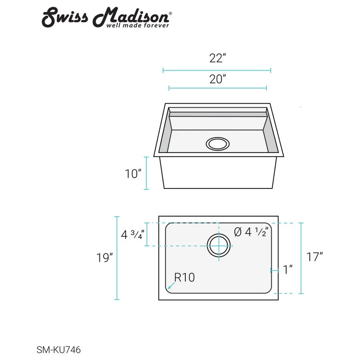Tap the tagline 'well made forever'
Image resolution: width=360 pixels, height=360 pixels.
[137, 26]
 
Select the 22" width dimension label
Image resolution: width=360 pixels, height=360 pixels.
[217, 58]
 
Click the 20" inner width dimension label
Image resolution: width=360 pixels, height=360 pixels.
[217, 79]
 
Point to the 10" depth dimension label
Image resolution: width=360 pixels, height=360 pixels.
[134, 174]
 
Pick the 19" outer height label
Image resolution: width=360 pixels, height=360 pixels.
[104, 258]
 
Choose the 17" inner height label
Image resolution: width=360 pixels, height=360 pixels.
[315, 257]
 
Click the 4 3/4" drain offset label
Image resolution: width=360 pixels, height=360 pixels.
[132, 235]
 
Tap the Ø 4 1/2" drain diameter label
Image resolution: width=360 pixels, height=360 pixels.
[252, 232]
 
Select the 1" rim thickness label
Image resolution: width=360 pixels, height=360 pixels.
[288, 270]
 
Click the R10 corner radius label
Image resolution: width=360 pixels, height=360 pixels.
[184, 278]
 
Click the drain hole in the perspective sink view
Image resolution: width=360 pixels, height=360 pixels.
[217, 144]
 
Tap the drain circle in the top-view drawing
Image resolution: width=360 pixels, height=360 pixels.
[219, 246]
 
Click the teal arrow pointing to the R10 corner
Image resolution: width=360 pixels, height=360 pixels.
[170, 285]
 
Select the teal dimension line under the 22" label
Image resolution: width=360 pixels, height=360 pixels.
[217, 70]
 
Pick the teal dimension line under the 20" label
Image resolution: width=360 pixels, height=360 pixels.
[217, 88]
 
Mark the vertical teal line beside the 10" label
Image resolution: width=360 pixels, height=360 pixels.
[146, 173]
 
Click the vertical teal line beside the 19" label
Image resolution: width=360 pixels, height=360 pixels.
[117, 258]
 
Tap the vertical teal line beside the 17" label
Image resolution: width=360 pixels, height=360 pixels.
[301, 258]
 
